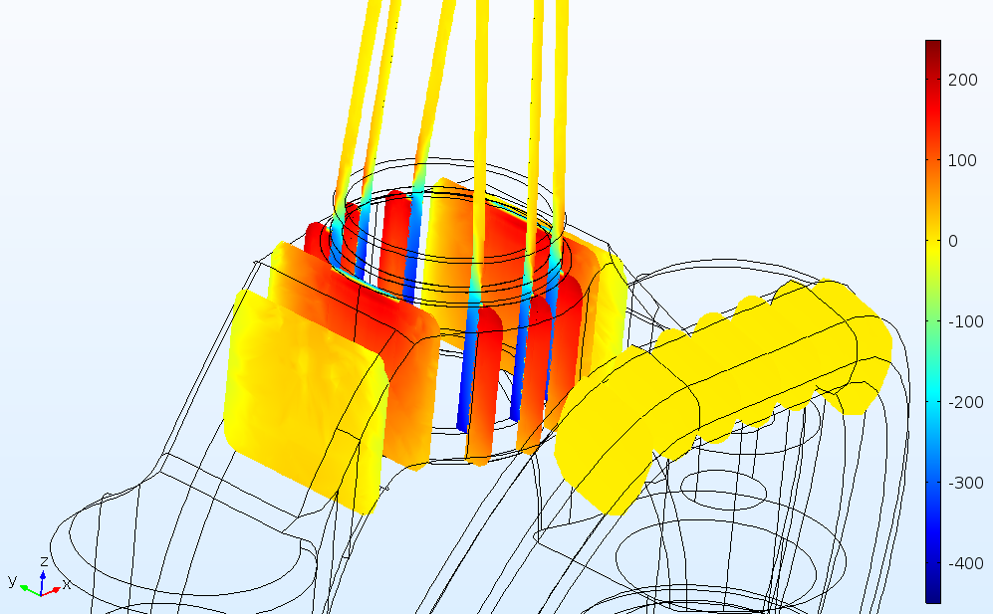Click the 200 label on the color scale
[x=962, y=81]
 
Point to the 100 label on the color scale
[x=962, y=161]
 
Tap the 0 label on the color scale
[x=953, y=241]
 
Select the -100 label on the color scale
[x=966, y=321]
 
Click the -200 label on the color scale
[x=966, y=403]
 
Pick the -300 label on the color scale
[x=966, y=483]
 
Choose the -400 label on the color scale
[x=966, y=563]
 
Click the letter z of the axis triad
[x=44, y=561]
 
